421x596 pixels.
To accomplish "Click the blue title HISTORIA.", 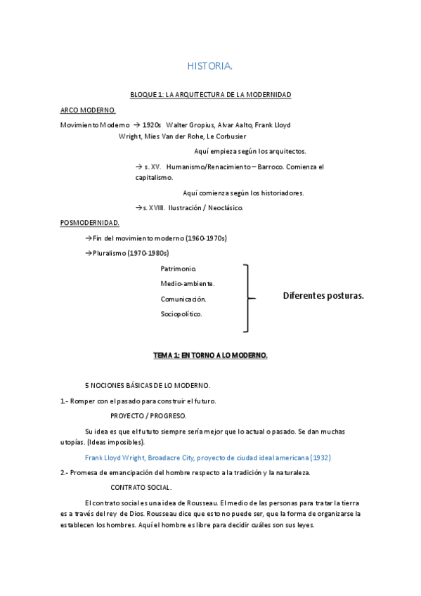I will pyautogui.click(x=209, y=66).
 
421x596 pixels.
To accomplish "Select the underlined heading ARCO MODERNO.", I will pyautogui.click(x=88, y=110).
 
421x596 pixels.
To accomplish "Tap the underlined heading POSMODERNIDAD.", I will pyautogui.click(x=90, y=223).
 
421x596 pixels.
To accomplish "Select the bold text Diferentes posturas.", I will pyautogui.click(x=323, y=296).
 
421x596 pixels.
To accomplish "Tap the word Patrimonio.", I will pyautogui.click(x=179, y=269).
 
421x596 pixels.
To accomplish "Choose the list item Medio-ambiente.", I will pyautogui.click(x=188, y=284).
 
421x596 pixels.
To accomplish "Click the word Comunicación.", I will pyautogui.click(x=183, y=299).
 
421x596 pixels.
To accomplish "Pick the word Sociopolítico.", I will pyautogui.click(x=181, y=313).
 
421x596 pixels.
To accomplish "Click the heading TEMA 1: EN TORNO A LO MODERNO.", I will pyautogui.click(x=210, y=356).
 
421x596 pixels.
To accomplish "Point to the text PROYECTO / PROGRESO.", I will pyautogui.click(x=148, y=416).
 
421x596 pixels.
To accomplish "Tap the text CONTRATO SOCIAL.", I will pyautogui.click(x=141, y=487).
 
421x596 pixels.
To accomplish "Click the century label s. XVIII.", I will pyautogui.click(x=154, y=208).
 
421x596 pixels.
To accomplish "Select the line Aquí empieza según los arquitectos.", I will pyautogui.click(x=250, y=151).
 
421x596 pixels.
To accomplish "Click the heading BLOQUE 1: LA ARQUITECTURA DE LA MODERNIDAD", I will pyautogui.click(x=210, y=94).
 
